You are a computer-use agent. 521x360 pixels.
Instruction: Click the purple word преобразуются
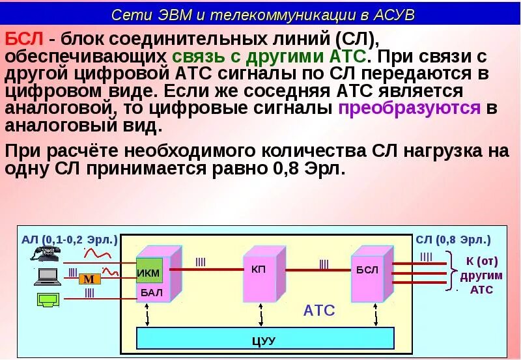[409, 108]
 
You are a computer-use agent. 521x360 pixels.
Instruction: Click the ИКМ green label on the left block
[148, 272]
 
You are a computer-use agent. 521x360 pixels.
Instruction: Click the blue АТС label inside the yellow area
[319, 311]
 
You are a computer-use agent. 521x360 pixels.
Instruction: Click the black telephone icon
[46, 253]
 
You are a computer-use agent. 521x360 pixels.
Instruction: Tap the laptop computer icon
[47, 276]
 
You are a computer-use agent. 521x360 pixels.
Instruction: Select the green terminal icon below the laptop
[47, 301]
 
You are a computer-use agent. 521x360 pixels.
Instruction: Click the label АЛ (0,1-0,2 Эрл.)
[70, 240]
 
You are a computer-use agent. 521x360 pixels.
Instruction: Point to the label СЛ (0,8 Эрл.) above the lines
[453, 240]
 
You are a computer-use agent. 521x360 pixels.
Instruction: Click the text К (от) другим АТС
[482, 275]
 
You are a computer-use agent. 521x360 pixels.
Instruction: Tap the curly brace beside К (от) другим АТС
[451, 273]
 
